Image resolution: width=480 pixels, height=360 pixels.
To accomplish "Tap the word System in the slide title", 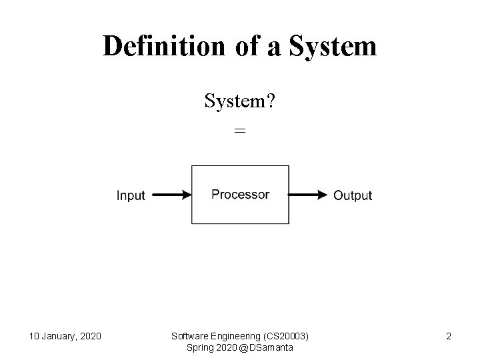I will tap(335, 46).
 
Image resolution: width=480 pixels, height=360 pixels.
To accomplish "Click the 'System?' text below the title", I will tap(241, 102).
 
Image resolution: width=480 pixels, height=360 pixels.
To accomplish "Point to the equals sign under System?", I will tap(240, 131).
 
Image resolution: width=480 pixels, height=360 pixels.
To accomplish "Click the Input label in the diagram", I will tap(131, 195).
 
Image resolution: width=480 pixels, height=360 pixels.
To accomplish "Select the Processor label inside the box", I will tap(240, 195).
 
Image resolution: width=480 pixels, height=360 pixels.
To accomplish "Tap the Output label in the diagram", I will tap(353, 195).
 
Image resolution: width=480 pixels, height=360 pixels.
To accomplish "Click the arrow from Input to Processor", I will tap(170, 195).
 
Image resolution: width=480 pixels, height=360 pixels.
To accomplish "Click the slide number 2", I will tap(449, 336).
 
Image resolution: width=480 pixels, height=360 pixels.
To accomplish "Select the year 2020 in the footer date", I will tap(89, 336).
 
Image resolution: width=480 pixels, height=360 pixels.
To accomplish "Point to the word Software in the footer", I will tap(190, 335).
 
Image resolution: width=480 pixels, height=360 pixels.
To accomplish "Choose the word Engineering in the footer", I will tap(235, 335).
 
